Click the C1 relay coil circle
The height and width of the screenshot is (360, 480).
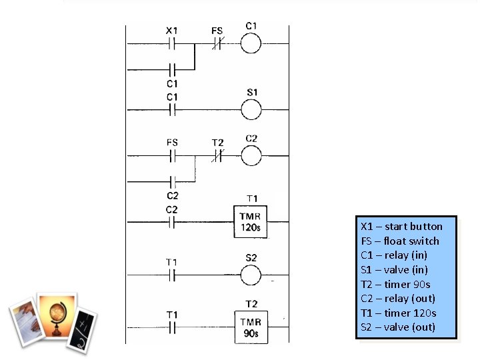tap(251, 44)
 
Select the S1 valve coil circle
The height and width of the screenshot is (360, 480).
tap(251, 109)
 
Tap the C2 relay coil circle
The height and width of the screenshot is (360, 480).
tap(251, 156)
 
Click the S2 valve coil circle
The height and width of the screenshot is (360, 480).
tap(251, 275)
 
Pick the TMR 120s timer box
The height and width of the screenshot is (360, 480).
tap(251, 222)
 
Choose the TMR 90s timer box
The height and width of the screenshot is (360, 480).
tap(251, 327)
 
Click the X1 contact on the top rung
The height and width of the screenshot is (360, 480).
tap(172, 44)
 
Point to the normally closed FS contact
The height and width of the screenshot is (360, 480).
tap(217, 44)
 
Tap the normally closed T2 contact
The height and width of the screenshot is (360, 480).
tap(217, 156)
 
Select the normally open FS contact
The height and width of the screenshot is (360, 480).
tap(172, 156)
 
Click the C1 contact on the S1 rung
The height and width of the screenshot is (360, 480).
tap(172, 109)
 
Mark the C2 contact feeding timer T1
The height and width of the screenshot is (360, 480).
tap(172, 222)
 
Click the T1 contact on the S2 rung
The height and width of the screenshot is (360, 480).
tap(172, 275)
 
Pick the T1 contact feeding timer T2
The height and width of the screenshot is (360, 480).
tap(172, 327)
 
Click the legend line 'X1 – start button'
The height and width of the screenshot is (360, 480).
tap(401, 226)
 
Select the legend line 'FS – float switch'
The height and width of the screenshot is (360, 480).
tap(400, 241)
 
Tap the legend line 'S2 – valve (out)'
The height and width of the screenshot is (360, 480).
tap(397, 327)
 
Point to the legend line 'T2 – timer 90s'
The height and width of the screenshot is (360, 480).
tap(395, 284)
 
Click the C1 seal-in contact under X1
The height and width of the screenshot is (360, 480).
tap(172, 69)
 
